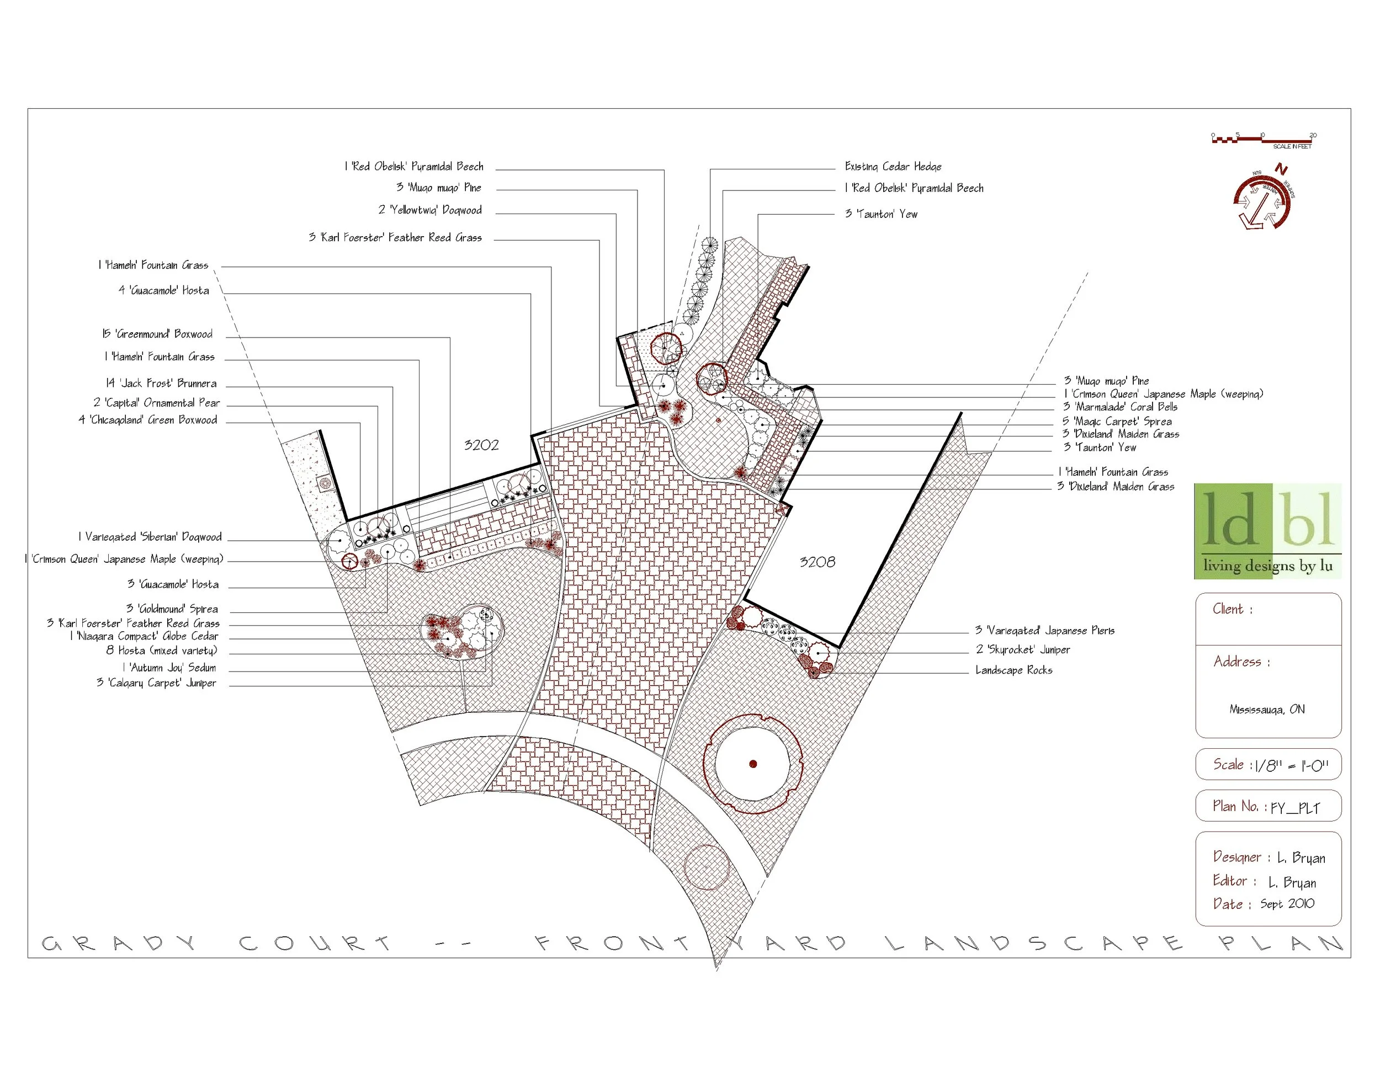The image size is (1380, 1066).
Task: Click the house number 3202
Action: coord(481,445)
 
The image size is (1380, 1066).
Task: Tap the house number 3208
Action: coord(817,562)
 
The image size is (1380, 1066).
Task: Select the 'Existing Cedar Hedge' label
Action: coord(893,167)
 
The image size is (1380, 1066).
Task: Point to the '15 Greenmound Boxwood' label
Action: coord(157,334)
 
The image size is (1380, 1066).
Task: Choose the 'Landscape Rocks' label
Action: coord(1013,670)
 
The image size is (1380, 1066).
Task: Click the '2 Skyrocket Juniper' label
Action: coord(1022,649)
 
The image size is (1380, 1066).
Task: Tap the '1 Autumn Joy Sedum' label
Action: coord(169,668)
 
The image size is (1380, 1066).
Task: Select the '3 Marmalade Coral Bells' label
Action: coord(1119,407)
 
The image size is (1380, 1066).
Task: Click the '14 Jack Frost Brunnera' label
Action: coord(161,383)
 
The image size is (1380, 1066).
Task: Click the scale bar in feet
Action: coord(1262,140)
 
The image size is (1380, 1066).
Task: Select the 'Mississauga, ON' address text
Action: coord(1267,709)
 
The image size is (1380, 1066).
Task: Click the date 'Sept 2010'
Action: coord(1287,904)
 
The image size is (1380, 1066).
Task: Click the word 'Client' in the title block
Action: coord(1227,609)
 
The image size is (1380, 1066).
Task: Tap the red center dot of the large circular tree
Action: coord(752,764)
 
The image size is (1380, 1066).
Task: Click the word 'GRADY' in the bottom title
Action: coord(119,944)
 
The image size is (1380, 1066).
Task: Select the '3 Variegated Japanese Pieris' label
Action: coord(1044,630)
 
